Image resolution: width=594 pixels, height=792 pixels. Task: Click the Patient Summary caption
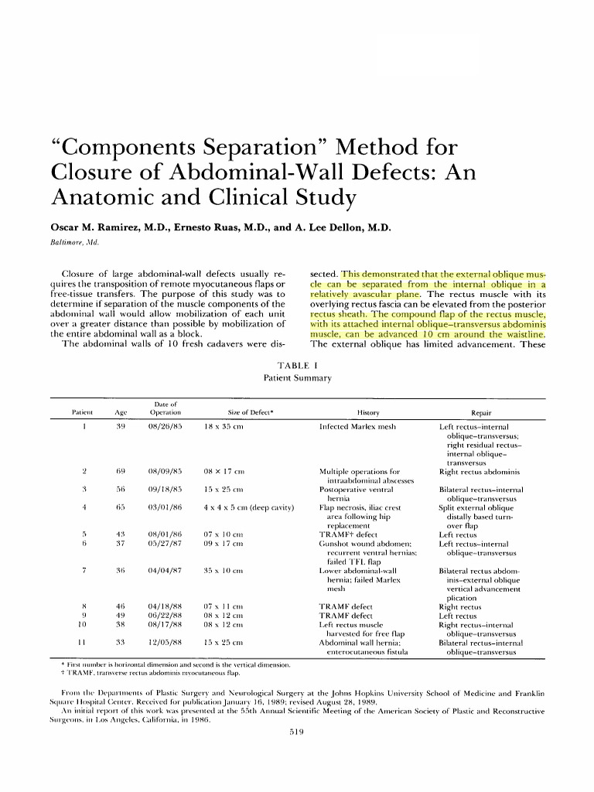point(297,378)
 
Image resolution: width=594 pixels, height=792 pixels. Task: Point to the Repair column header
point(483,414)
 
